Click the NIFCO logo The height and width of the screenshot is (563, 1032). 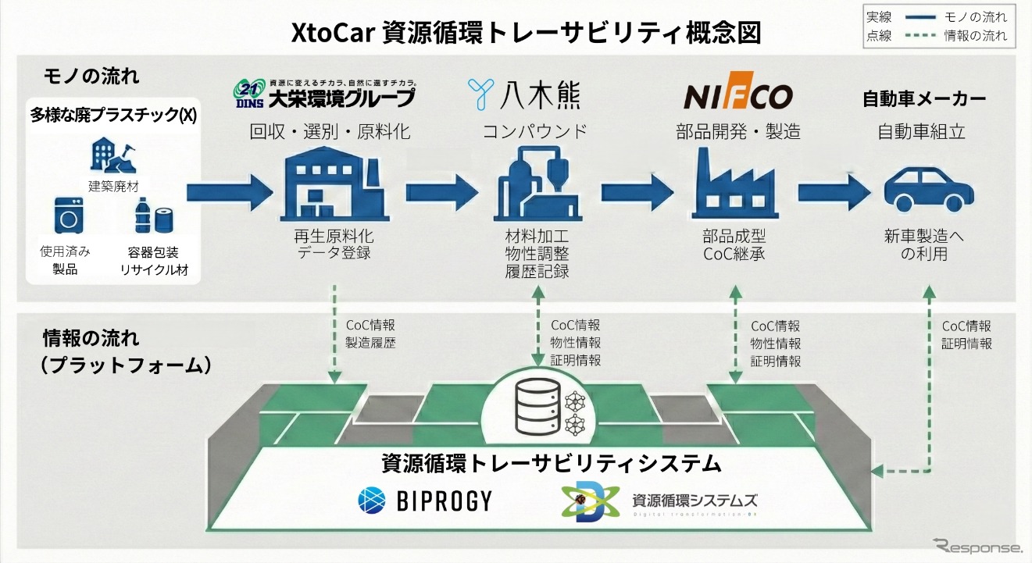(x=738, y=97)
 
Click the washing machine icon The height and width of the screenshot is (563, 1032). (x=68, y=216)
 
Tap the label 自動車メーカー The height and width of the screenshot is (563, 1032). (x=923, y=99)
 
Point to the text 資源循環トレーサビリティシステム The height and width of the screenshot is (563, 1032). (x=551, y=463)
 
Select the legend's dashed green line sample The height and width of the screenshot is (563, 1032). (x=930, y=35)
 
